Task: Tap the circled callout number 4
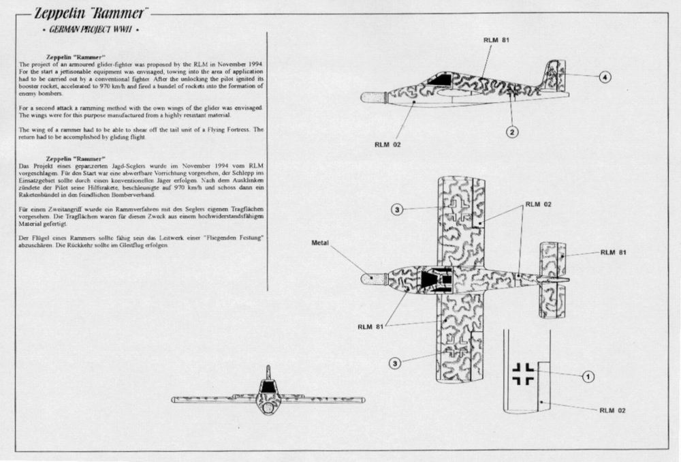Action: tap(604, 77)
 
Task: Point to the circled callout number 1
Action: tap(588, 375)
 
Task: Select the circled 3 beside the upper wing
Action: tap(398, 209)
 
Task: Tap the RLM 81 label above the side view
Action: tap(496, 40)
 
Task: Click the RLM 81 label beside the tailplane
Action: tap(612, 252)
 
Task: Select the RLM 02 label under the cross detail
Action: tap(612, 410)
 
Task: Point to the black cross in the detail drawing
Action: tap(523, 373)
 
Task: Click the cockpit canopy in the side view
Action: tap(439, 80)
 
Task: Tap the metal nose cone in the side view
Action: tap(372, 97)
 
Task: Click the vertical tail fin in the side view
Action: tap(553, 76)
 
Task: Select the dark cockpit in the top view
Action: tap(431, 279)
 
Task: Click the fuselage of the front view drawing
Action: tap(268, 399)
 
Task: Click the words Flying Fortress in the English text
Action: tap(232, 129)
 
